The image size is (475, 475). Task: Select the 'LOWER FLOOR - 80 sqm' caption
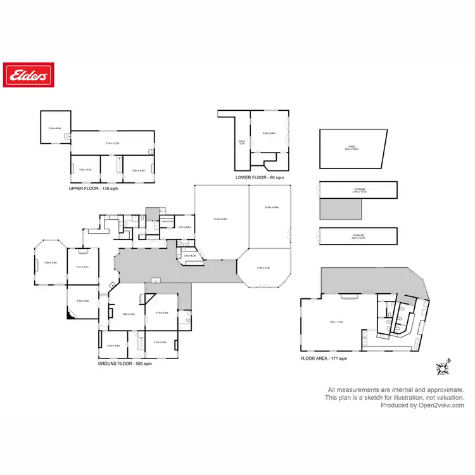[260, 177]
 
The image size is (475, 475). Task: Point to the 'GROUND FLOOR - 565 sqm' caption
[125, 364]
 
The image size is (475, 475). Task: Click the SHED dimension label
[351, 149]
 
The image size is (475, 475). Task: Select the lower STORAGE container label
[359, 236]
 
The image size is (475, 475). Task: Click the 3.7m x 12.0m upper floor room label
[112, 144]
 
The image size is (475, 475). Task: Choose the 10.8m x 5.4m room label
[272, 207]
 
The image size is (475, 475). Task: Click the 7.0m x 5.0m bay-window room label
[50, 262]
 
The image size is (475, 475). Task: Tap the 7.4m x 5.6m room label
[129, 313]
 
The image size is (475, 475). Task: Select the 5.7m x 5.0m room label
[161, 313]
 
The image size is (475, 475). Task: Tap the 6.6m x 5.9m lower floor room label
[269, 134]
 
